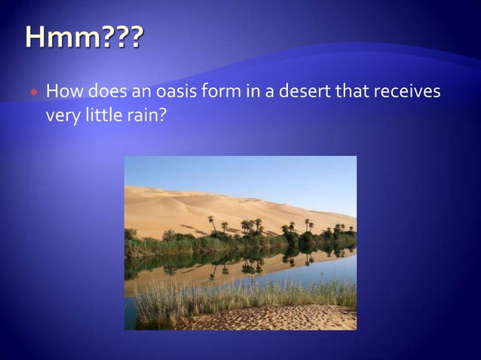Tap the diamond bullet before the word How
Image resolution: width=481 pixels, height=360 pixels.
click(34, 93)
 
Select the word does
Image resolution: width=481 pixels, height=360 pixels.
click(110, 92)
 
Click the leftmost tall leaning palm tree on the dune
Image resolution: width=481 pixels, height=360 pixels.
click(212, 223)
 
